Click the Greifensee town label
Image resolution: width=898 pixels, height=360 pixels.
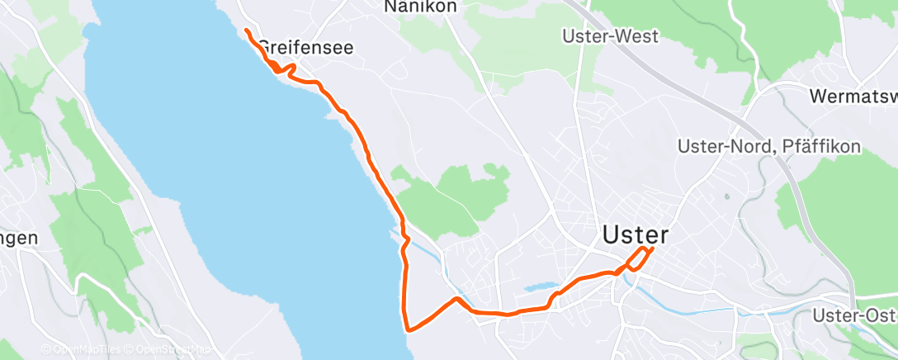click(x=306, y=48)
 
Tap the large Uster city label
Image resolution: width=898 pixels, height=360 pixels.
click(x=635, y=234)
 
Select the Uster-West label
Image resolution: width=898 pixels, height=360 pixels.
click(x=609, y=36)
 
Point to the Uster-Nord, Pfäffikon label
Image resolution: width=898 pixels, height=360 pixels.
click(x=769, y=146)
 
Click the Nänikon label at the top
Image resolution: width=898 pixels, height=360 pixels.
click(x=420, y=7)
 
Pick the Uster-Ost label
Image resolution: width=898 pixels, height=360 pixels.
click(x=854, y=315)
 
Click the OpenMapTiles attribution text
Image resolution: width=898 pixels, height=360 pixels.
click(x=83, y=350)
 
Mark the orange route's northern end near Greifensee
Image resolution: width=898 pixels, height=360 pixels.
click(x=247, y=31)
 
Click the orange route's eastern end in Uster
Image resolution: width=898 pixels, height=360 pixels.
click(x=652, y=249)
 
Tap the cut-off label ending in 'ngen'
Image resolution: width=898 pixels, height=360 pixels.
click(x=18, y=239)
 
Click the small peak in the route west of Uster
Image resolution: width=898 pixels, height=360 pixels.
click(x=456, y=297)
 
